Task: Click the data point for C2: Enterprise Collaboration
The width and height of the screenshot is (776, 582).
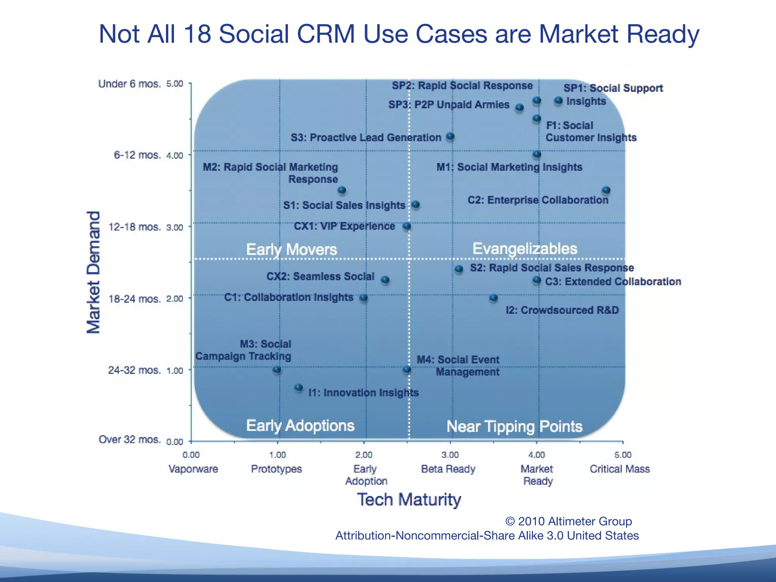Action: pos(606,190)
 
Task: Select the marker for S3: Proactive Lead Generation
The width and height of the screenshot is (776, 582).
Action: pos(450,136)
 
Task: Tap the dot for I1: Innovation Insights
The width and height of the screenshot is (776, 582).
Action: pos(299,387)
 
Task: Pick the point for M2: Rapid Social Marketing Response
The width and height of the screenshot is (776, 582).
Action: pos(342,190)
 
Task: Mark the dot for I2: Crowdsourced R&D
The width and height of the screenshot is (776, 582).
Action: pos(493,297)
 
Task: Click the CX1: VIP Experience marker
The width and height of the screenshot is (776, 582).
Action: pos(407,226)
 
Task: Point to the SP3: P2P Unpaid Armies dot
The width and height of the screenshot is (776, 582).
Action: pos(519,108)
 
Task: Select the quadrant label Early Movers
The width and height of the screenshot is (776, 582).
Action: pos(291,249)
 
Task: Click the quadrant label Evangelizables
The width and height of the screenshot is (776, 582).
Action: pos(524,249)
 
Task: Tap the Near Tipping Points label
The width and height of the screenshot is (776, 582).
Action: pos(514,426)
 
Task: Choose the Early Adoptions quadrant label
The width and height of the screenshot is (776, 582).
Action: pos(300,426)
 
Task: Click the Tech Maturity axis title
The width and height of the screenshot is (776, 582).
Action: pos(409,499)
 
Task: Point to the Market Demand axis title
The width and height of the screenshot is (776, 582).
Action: pos(94,272)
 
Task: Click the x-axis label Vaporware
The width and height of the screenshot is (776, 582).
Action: pos(193,469)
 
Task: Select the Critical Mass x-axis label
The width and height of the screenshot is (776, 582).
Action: pos(620,469)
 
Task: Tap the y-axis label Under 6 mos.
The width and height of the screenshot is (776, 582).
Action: pos(130,84)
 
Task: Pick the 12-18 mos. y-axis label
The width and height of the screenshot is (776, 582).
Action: pos(135,227)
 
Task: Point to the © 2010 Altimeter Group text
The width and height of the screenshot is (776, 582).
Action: pos(568,521)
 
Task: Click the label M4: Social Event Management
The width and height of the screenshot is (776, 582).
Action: pos(458,366)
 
